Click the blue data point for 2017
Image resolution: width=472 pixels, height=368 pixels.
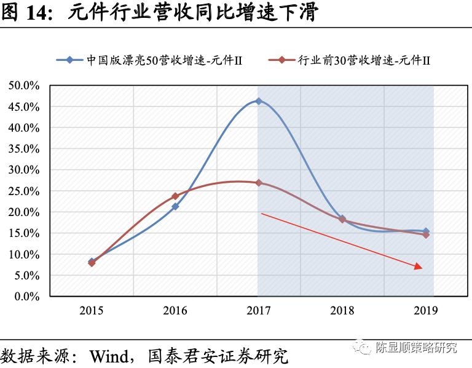[259, 101]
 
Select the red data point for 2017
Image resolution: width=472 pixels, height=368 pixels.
[259, 183]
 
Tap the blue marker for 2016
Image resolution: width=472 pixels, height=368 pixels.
[175, 207]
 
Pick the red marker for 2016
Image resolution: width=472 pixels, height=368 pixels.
[175, 196]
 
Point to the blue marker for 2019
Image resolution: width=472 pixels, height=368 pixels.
[426, 231]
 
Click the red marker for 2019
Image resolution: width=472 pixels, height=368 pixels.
[426, 234]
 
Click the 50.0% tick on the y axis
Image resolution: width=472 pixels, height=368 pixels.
[24, 86]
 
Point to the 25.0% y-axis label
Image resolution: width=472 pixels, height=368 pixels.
[24, 191]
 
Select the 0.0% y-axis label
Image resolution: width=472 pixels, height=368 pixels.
[26, 297]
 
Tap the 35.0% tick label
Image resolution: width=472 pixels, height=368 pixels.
[24, 149]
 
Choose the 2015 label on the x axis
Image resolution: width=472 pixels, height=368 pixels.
[92, 311]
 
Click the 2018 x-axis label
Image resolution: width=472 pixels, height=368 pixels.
[342, 311]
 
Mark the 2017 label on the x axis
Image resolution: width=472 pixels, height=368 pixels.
[259, 311]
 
